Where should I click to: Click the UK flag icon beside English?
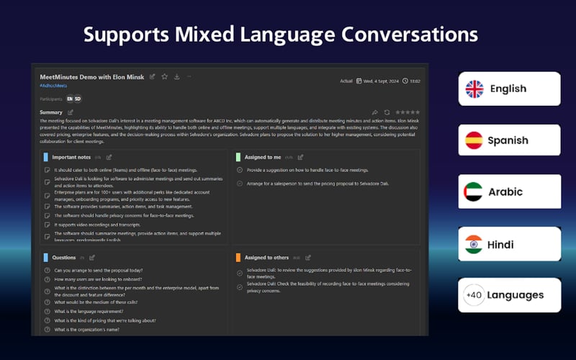pyautogui.click(x=474, y=89)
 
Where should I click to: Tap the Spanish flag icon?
pyautogui.click(x=474, y=140)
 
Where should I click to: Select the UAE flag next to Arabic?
pyautogui.click(x=474, y=192)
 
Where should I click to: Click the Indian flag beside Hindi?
pyautogui.click(x=474, y=244)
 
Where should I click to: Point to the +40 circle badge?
pyautogui.click(x=474, y=295)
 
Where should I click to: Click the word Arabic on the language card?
pyautogui.click(x=505, y=192)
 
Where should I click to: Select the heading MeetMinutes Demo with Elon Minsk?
pyautogui.click(x=92, y=76)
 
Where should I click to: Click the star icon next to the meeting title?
pyautogui.click(x=164, y=76)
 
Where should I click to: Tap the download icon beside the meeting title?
pyautogui.click(x=176, y=76)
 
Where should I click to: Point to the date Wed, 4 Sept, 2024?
pyautogui.click(x=381, y=81)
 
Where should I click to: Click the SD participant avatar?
pyautogui.click(x=78, y=98)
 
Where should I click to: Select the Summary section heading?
pyautogui.click(x=51, y=112)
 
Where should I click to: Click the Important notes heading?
pyautogui.click(x=71, y=156)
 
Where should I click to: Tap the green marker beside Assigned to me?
pyautogui.click(x=238, y=156)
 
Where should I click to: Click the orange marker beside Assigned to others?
pyautogui.click(x=238, y=257)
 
